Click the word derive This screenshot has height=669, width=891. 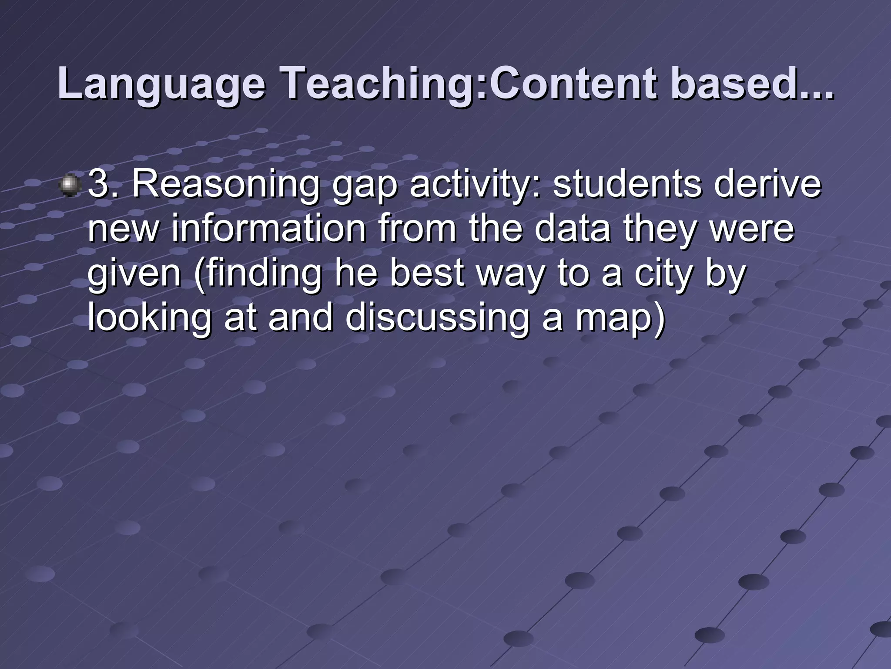(770, 185)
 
